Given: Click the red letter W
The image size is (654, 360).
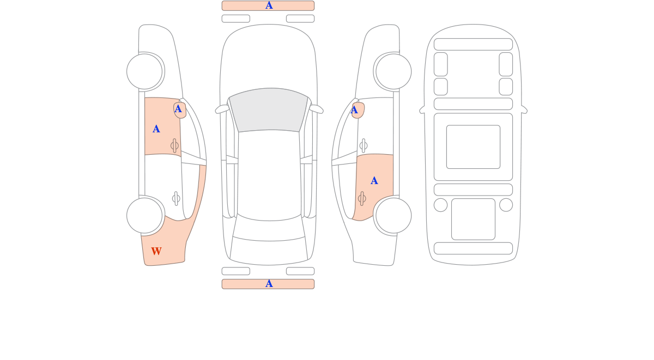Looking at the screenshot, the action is point(156,251).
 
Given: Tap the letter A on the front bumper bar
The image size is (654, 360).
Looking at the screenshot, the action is point(269,5).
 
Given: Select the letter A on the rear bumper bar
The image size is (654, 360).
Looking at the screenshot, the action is point(269,284).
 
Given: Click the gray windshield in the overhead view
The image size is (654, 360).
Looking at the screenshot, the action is point(269,109).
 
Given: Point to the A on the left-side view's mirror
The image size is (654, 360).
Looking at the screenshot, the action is point(178,109).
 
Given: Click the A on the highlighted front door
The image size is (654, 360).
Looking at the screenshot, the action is point(156,129).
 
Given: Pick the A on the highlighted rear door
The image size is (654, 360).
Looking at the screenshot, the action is point(374,181).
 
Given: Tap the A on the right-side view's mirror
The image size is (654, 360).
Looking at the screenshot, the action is point(354,110).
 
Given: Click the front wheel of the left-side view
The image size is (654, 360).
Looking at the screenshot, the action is point(144,71).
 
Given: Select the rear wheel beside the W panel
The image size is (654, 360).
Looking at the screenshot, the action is point(144,216).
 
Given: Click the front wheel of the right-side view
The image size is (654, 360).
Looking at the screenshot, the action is point(393,71).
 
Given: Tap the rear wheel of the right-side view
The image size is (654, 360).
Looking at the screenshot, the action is point(393,216).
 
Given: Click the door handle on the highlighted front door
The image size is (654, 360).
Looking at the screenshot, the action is point(174,145).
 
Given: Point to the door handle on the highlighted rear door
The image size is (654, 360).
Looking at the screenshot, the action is point(362,199).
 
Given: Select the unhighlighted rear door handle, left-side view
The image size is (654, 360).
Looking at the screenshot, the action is point(176,199).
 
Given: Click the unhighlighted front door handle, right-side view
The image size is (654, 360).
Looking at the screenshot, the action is point(364,145).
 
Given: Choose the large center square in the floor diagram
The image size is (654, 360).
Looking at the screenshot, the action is point(473,147).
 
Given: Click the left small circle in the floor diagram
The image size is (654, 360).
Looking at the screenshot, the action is point(440,205).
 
